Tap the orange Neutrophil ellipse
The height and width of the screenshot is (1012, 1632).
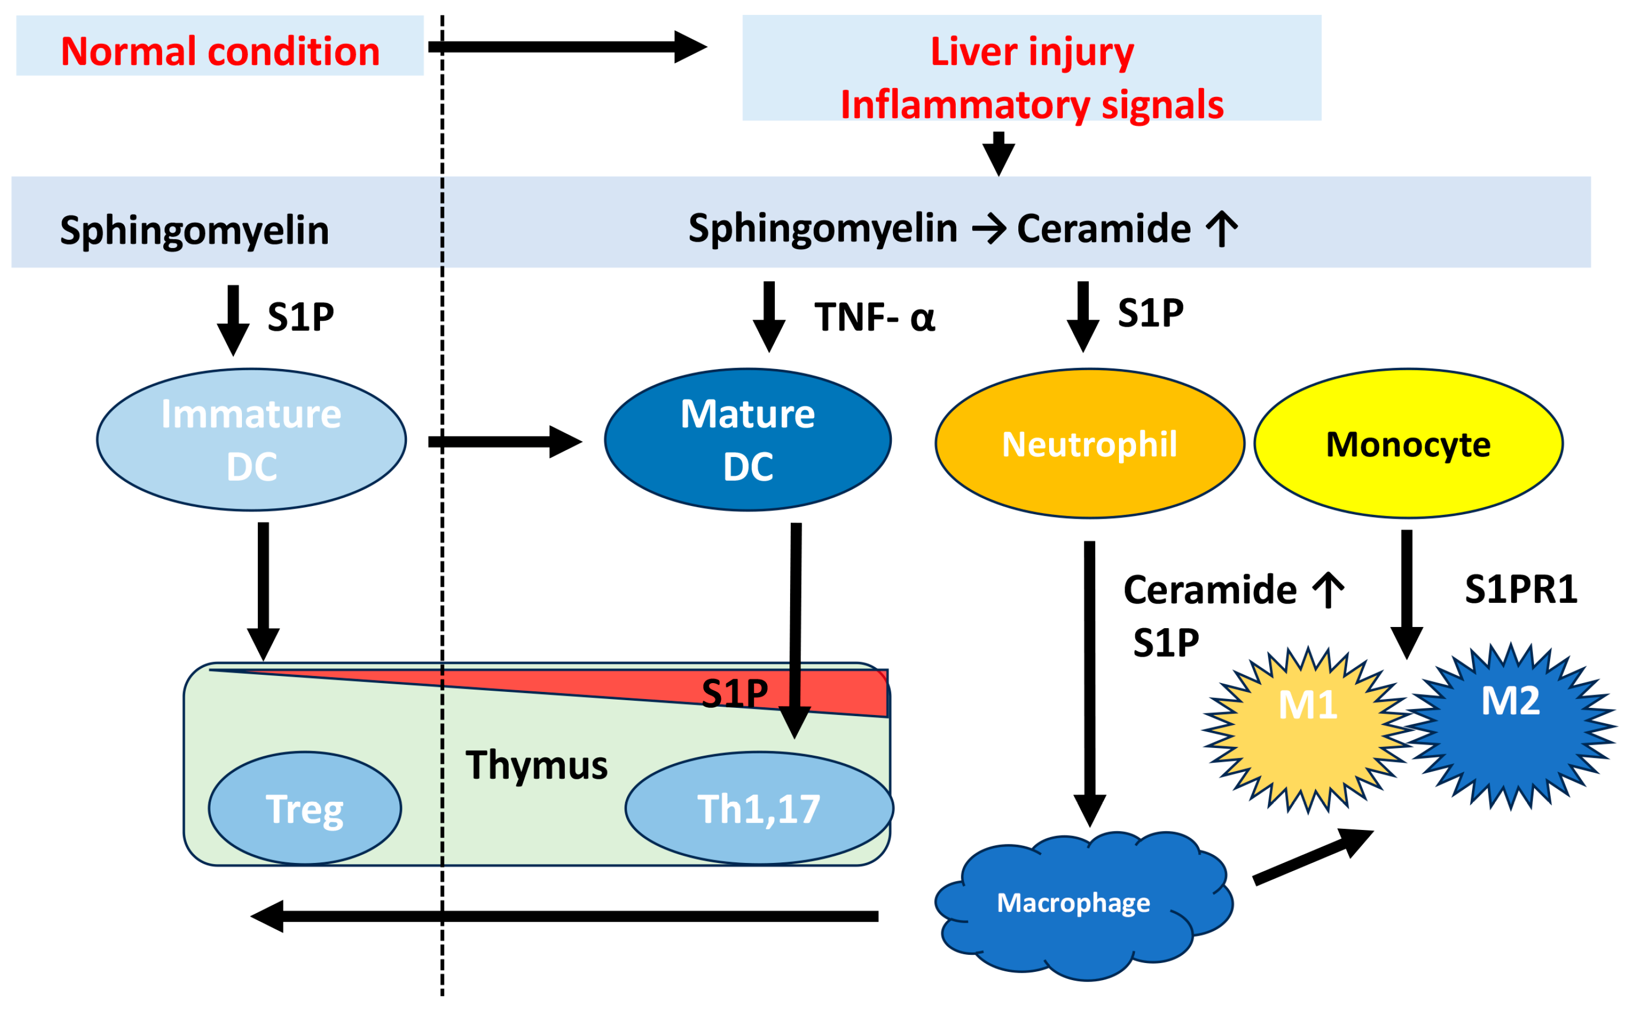1089,443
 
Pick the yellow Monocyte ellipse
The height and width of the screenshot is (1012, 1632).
1407,443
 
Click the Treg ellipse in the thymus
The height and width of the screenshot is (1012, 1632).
305,808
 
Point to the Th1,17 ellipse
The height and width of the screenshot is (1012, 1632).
758,808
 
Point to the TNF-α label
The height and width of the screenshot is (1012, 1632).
873,317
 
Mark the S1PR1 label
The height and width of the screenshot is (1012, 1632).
1520,589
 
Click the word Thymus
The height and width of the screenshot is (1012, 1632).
536,765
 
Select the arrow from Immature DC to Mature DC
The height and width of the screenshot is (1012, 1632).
505,441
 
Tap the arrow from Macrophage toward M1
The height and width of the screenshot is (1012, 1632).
1311,857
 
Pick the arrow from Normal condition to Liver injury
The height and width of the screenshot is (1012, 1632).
567,46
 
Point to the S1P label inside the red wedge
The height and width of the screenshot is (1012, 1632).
734,693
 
